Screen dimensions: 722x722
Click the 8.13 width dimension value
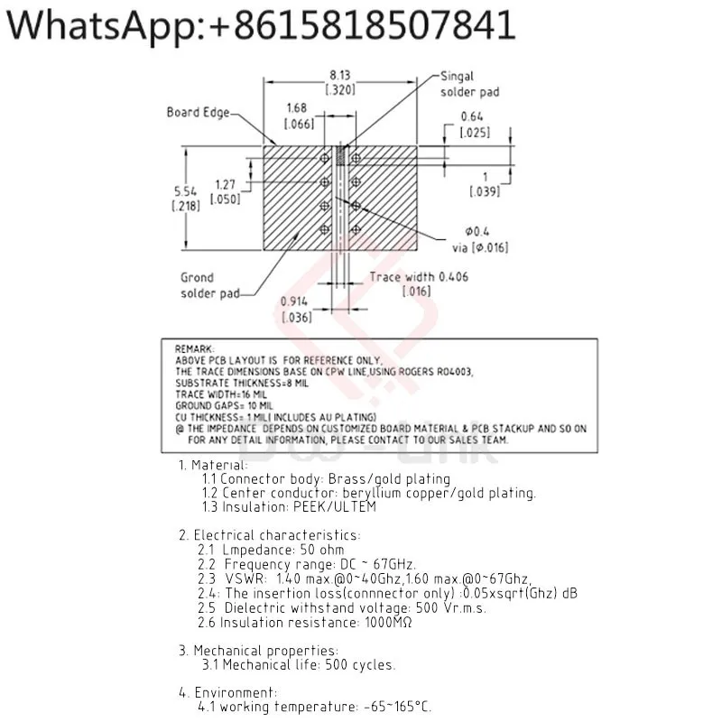[339, 76]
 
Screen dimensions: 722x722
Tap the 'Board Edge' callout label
[198, 113]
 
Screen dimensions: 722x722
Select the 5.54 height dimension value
[185, 191]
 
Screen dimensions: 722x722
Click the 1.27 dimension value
[226, 185]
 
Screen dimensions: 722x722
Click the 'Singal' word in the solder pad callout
[458, 77]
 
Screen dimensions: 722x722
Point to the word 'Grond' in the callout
[197, 278]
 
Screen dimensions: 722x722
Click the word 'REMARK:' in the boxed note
[195, 347]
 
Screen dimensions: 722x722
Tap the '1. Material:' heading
[213, 465]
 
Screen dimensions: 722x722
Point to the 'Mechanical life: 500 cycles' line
[299, 665]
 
